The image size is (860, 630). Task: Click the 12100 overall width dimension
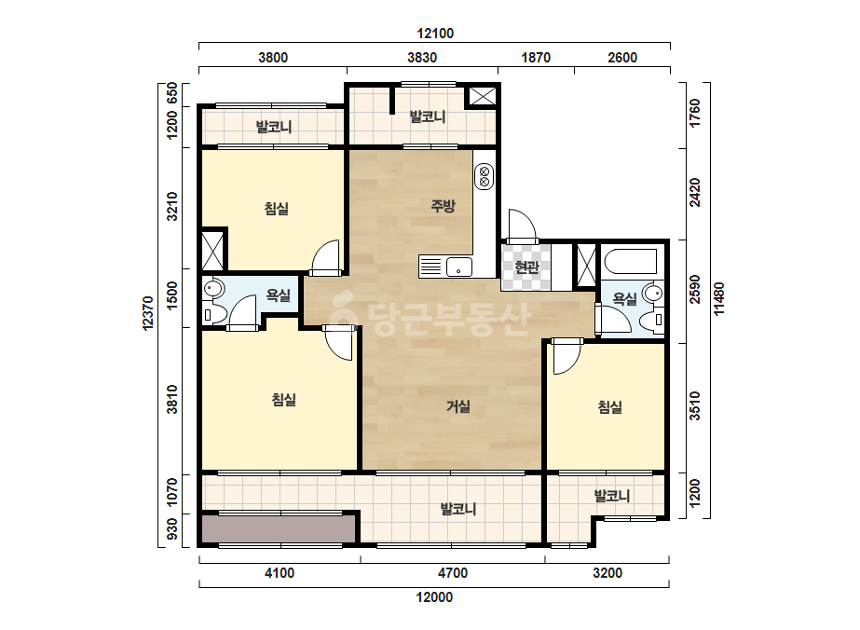tap(435, 34)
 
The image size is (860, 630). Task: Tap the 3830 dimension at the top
tap(422, 58)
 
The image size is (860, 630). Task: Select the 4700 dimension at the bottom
tap(453, 573)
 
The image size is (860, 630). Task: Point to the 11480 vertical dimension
tap(719, 299)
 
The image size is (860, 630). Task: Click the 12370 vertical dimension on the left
tap(148, 313)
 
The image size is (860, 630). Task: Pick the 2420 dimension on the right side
tap(695, 193)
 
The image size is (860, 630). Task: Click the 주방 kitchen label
tap(443, 206)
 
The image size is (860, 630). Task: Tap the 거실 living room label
tap(458, 406)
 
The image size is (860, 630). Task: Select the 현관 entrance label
tap(526, 267)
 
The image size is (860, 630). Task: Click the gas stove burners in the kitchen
tap(484, 176)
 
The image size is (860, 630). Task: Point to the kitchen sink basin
tap(459, 267)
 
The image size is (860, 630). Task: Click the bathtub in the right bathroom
tap(631, 262)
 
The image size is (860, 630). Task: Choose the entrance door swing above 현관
tap(522, 225)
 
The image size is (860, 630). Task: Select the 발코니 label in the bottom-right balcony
tap(611, 496)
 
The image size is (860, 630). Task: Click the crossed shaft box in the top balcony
tap(482, 96)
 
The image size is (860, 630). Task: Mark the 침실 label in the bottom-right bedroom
tap(609, 406)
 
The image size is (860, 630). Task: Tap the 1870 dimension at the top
tap(536, 58)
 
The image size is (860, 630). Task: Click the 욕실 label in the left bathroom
tap(278, 295)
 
